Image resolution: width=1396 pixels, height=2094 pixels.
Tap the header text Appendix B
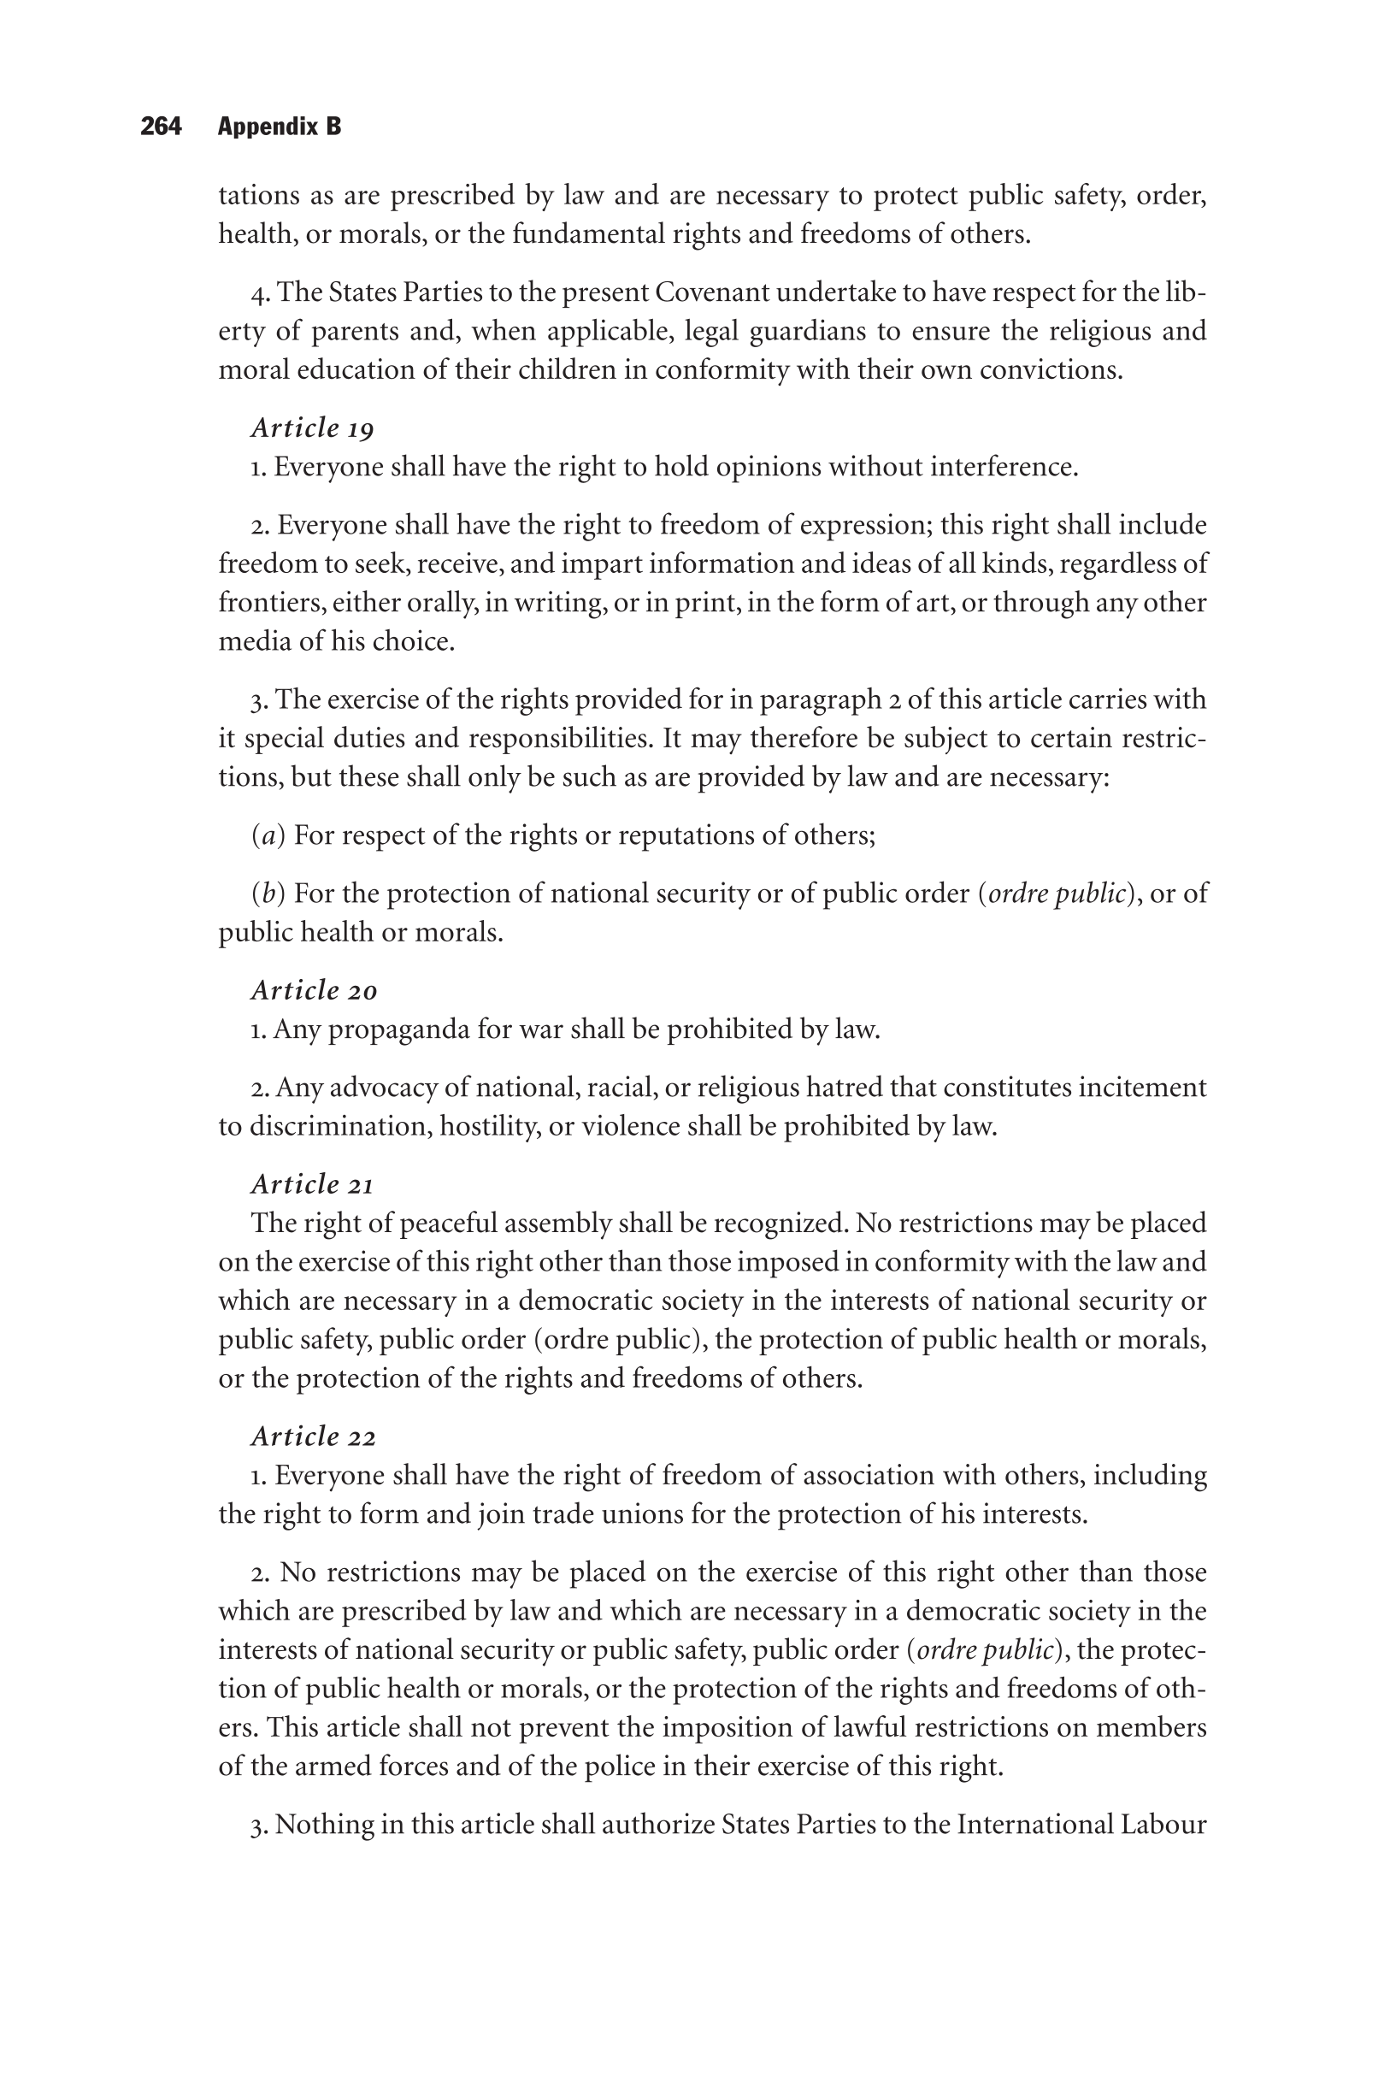pyautogui.click(x=279, y=127)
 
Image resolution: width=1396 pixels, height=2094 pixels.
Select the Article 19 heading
pyautogui.click(x=313, y=428)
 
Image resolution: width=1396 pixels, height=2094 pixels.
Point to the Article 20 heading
pyautogui.click(x=315, y=990)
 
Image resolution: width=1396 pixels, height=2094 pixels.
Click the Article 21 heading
pyautogui.click(x=313, y=1184)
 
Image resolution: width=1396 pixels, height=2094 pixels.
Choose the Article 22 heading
pyautogui.click(x=314, y=1436)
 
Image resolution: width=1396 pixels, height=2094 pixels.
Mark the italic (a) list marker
pyautogui.click(x=268, y=835)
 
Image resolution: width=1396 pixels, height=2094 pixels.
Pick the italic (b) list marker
pyautogui.click(x=268, y=893)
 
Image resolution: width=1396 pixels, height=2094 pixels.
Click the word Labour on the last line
pyautogui.click(x=1163, y=1825)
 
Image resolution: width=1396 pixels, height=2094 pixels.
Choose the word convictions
pyautogui.click(x=1051, y=369)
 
